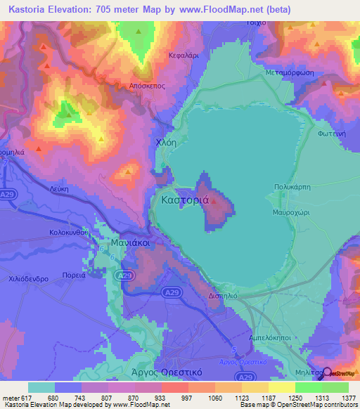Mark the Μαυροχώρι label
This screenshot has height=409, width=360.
[291, 212]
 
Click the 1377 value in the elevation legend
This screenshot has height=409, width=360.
[349, 398]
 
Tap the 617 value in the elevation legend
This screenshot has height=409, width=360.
[26, 398]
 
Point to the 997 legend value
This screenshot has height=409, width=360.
[170, 398]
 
